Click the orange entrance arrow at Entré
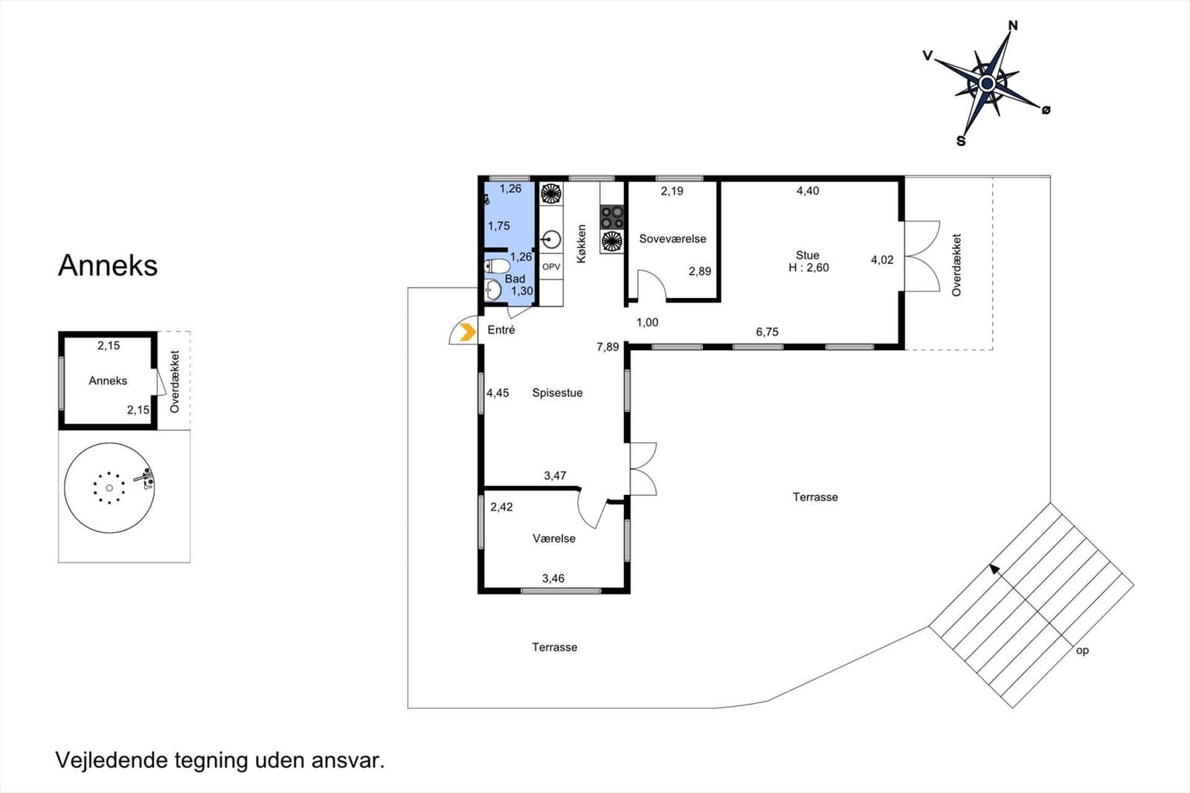468,332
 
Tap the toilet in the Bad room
498,265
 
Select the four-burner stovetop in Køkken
611,217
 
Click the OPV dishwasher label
551,267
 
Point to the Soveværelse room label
672,239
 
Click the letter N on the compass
1013,25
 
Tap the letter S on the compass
960,141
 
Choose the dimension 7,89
608,347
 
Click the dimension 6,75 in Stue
767,331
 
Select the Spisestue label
557,393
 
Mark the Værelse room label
554,538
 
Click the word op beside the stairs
1082,651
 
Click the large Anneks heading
108,265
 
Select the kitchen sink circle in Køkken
551,239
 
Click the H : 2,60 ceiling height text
808,268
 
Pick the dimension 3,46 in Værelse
553,578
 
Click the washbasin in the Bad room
492,290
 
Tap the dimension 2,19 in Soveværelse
672,191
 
